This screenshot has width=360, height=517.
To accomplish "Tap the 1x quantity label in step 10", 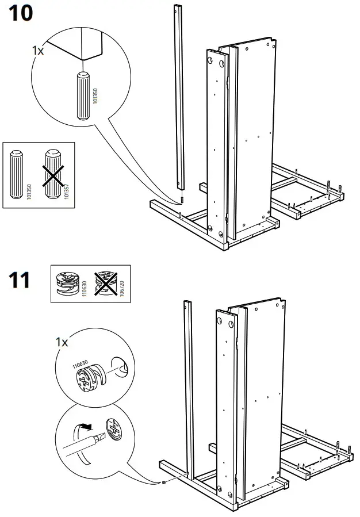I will coord(38,51).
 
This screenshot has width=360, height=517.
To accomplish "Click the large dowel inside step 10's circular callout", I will coord(82,95).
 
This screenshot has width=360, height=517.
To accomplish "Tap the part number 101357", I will coord(66,190).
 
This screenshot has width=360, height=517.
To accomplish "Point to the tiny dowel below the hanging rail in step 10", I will coord(181,200).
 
